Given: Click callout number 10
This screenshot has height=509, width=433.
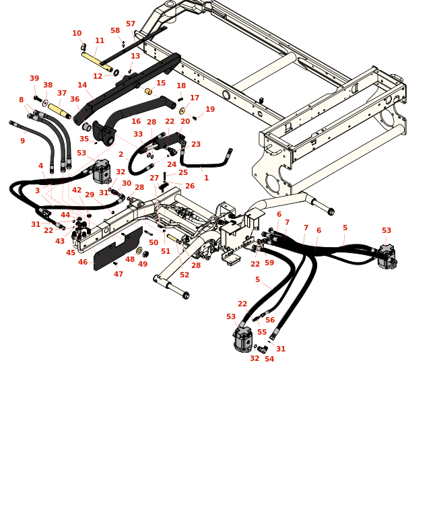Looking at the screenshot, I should click(77, 34).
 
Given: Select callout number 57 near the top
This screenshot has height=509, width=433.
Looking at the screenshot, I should click(131, 24).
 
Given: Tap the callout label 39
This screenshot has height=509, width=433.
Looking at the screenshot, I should click(34, 79).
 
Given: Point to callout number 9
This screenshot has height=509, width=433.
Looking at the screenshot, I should click(22, 141).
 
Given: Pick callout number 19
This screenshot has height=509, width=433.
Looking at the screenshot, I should click(210, 110).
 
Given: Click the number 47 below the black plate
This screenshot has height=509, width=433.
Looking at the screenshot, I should click(119, 274).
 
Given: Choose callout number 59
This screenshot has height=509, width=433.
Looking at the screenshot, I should click(269, 263).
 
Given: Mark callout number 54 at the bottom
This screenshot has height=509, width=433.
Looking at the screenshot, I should click(269, 359).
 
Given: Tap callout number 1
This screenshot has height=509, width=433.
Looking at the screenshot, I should click(206, 178).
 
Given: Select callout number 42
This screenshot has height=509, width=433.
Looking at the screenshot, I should click(77, 191).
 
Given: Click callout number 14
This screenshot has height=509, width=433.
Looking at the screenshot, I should click(82, 86).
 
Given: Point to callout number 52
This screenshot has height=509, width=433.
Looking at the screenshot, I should click(185, 275).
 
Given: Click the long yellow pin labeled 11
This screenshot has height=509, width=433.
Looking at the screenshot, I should click(96, 60).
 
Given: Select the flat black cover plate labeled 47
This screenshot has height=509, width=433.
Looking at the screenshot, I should click(118, 248).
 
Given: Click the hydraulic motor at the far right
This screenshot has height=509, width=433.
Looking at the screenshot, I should click(387, 257).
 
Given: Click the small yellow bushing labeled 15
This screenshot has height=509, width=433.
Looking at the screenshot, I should click(148, 92).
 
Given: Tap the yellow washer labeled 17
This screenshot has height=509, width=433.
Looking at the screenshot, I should click(182, 111).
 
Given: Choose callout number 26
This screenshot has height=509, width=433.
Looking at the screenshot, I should click(190, 186).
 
